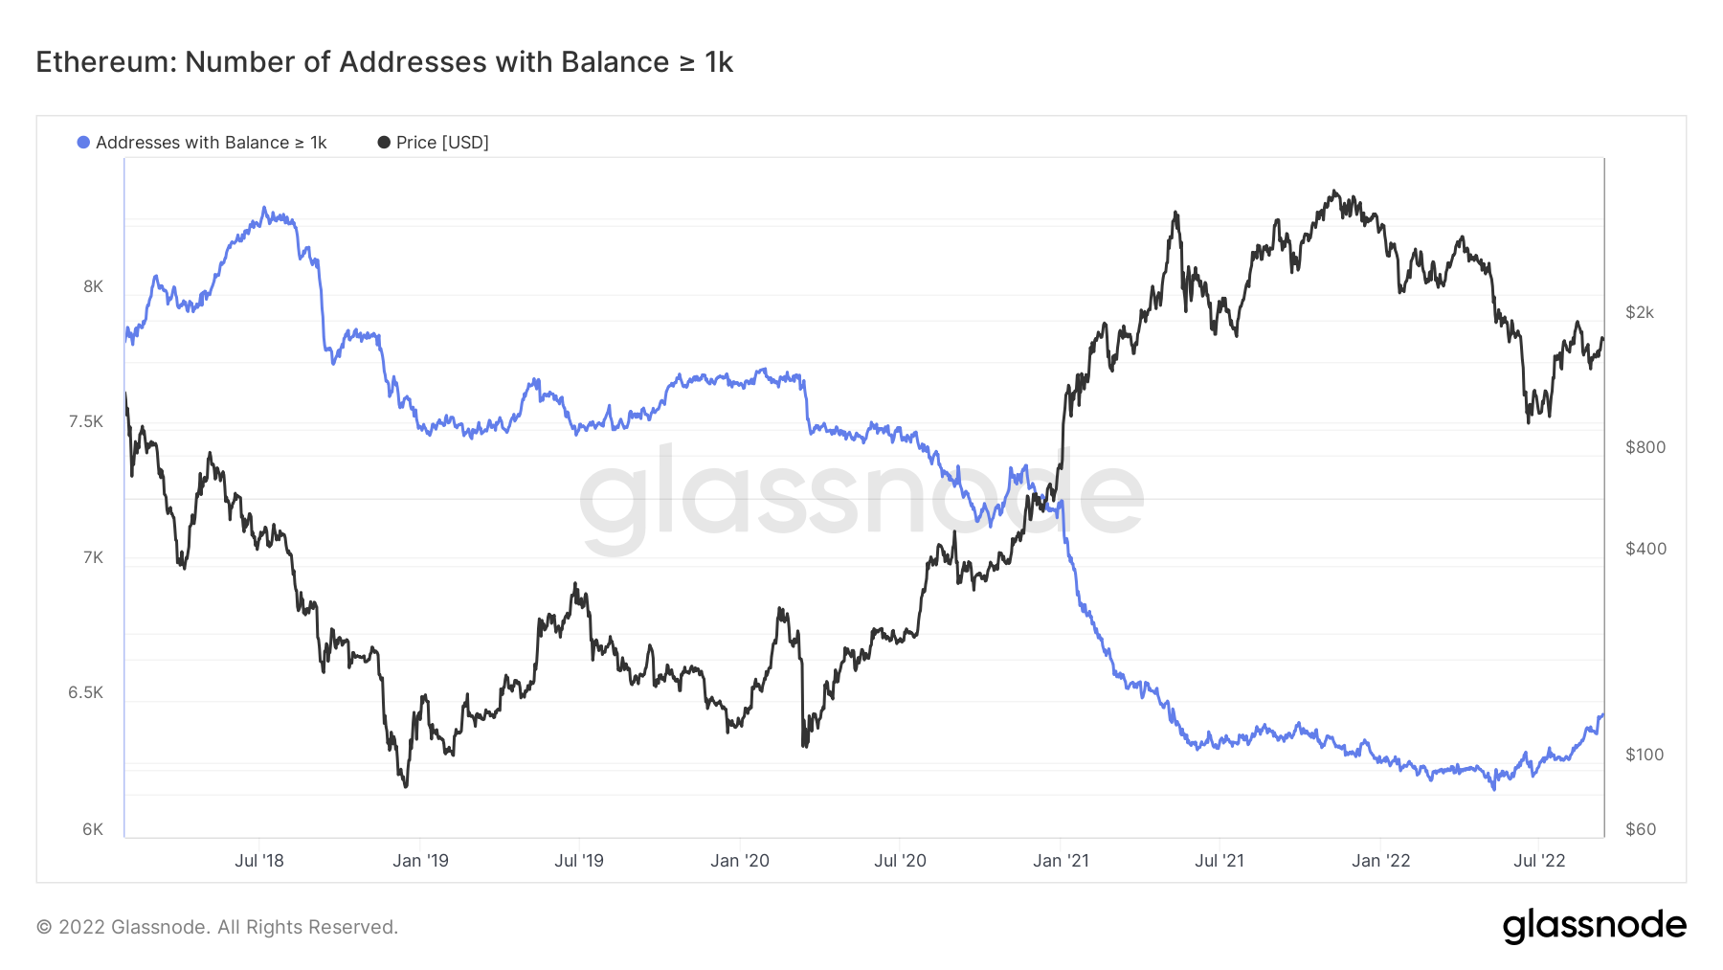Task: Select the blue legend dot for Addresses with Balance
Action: pyautogui.click(x=83, y=143)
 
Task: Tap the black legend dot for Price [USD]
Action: pyautogui.click(x=384, y=143)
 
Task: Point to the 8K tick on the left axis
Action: pyautogui.click(x=93, y=286)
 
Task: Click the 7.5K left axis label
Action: pyautogui.click(x=86, y=421)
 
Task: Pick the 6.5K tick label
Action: pyautogui.click(x=86, y=692)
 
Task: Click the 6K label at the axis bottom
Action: pyautogui.click(x=93, y=829)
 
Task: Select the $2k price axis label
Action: pyautogui.click(x=1640, y=312)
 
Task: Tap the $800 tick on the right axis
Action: pyautogui.click(x=1645, y=447)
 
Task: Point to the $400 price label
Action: pyautogui.click(x=1645, y=549)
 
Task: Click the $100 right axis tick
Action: pyautogui.click(x=1645, y=755)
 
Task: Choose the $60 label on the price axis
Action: pyautogui.click(x=1641, y=829)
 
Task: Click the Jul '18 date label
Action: pyautogui.click(x=259, y=861)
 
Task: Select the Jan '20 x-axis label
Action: pyautogui.click(x=740, y=861)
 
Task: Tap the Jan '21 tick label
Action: pyautogui.click(x=1061, y=861)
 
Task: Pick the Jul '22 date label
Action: pyautogui.click(x=1539, y=861)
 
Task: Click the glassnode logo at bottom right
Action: pyautogui.click(x=1594, y=926)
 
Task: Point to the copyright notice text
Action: pyautogui.click(x=217, y=927)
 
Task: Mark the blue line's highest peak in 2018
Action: pyautogui.click(x=265, y=208)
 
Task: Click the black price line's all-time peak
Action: pyautogui.click(x=1335, y=191)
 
